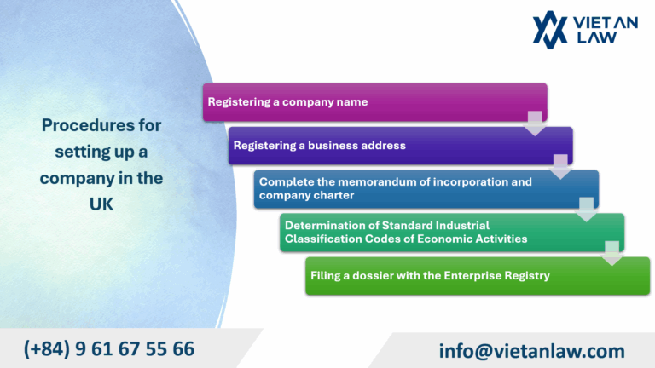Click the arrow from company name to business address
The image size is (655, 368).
click(x=535, y=123)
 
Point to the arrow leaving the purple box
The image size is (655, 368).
click(x=560, y=166)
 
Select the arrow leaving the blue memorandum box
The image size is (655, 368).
click(x=586, y=210)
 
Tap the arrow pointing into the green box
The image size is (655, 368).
click(x=612, y=253)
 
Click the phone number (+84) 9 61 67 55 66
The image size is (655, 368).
click(x=109, y=349)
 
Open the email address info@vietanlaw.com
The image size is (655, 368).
click(x=531, y=350)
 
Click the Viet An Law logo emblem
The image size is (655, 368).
click(x=550, y=29)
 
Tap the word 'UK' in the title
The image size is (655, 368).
click(x=101, y=205)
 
